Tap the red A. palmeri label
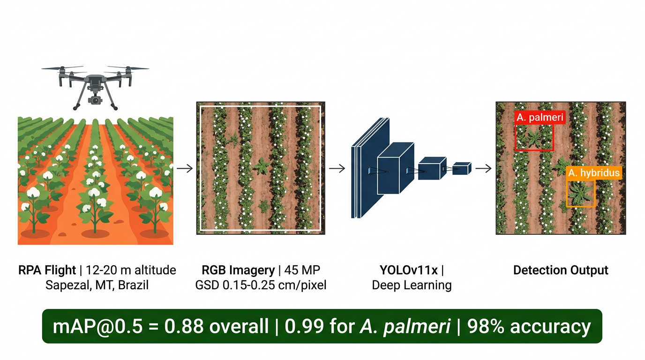click(540, 118)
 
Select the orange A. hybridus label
click(594, 173)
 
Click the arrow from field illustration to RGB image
click(185, 168)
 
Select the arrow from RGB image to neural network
click(337, 168)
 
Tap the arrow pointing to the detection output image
click(483, 168)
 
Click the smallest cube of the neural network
click(462, 168)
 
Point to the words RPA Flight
click(47, 270)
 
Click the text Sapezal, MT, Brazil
click(97, 285)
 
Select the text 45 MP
click(302, 270)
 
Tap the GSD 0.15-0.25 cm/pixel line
click(261, 285)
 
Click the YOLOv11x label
click(409, 270)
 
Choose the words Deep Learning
click(412, 285)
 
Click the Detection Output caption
click(561, 270)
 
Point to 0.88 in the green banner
click(184, 327)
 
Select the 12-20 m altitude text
click(131, 270)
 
